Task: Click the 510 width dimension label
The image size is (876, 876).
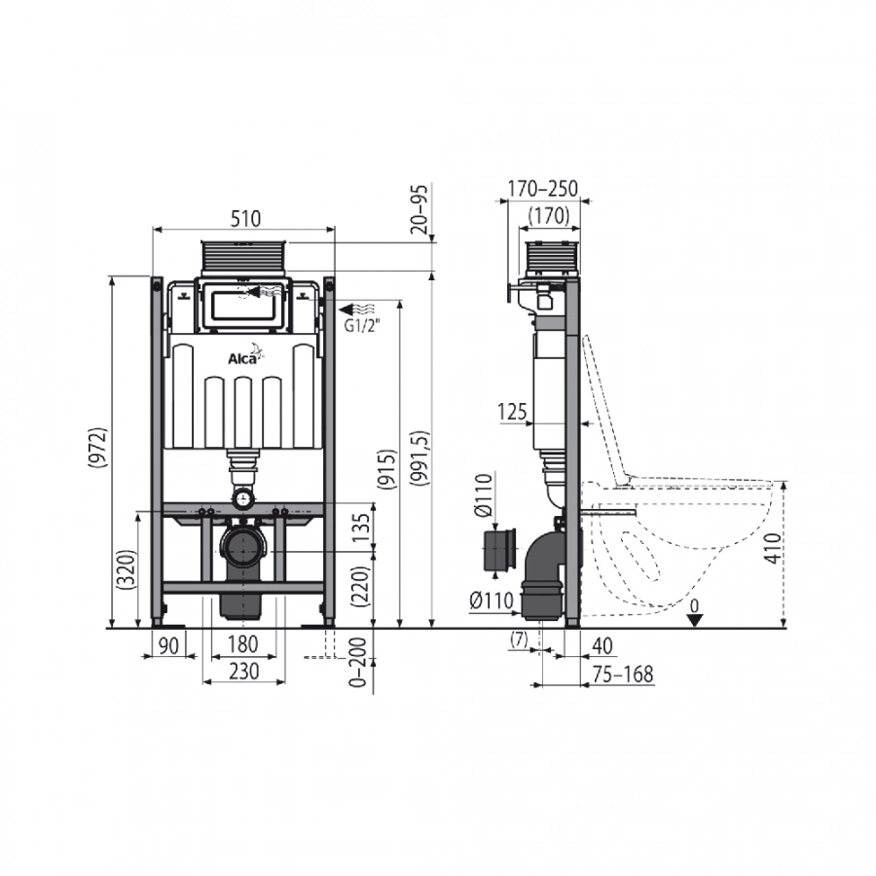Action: [246, 218]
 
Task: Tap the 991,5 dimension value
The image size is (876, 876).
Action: [421, 457]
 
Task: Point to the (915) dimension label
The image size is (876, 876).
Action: [387, 470]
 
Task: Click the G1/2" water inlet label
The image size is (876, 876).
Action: [362, 327]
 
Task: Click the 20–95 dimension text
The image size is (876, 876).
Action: [420, 209]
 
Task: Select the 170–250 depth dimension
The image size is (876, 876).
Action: [542, 188]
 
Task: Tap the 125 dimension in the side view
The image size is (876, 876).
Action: [512, 413]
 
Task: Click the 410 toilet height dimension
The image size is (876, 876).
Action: [773, 548]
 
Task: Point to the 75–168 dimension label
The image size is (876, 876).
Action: [623, 675]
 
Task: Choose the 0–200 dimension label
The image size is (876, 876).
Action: [358, 662]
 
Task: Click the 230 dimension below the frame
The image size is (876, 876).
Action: [244, 671]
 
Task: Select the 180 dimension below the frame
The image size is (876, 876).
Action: [243, 644]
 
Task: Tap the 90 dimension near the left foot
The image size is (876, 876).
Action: [168, 645]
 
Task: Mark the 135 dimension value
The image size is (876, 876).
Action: [361, 528]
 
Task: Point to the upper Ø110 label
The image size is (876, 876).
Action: [485, 495]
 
